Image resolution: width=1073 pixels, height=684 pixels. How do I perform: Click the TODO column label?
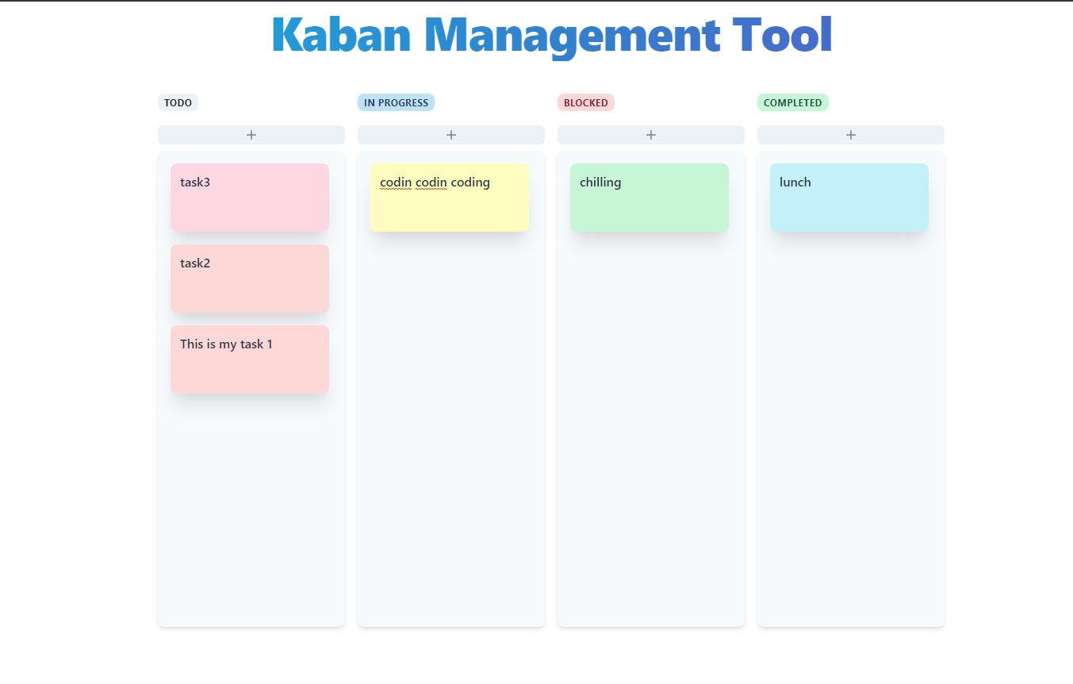(178, 102)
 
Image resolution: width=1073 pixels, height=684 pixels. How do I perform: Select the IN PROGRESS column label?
(396, 102)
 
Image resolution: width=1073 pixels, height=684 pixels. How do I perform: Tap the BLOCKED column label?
(585, 102)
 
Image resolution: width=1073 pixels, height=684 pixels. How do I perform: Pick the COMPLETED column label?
(792, 102)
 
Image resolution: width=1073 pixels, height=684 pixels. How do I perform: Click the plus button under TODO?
(251, 135)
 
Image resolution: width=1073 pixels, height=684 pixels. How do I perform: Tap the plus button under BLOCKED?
(651, 135)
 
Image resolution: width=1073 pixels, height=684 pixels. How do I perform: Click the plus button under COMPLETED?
(851, 135)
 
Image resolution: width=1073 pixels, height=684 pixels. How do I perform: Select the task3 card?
(250, 198)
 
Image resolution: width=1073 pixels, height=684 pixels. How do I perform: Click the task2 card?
(250, 279)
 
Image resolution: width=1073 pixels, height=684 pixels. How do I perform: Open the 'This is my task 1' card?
(250, 360)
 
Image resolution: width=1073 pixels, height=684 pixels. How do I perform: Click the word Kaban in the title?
(341, 36)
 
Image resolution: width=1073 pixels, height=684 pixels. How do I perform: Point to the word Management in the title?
(573, 36)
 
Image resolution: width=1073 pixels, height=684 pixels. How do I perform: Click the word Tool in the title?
(782, 36)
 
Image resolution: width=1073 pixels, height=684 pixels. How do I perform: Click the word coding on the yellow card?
(470, 183)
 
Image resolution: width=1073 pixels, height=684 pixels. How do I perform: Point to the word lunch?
(795, 183)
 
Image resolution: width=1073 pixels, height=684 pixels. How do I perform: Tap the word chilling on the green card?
(600, 183)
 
